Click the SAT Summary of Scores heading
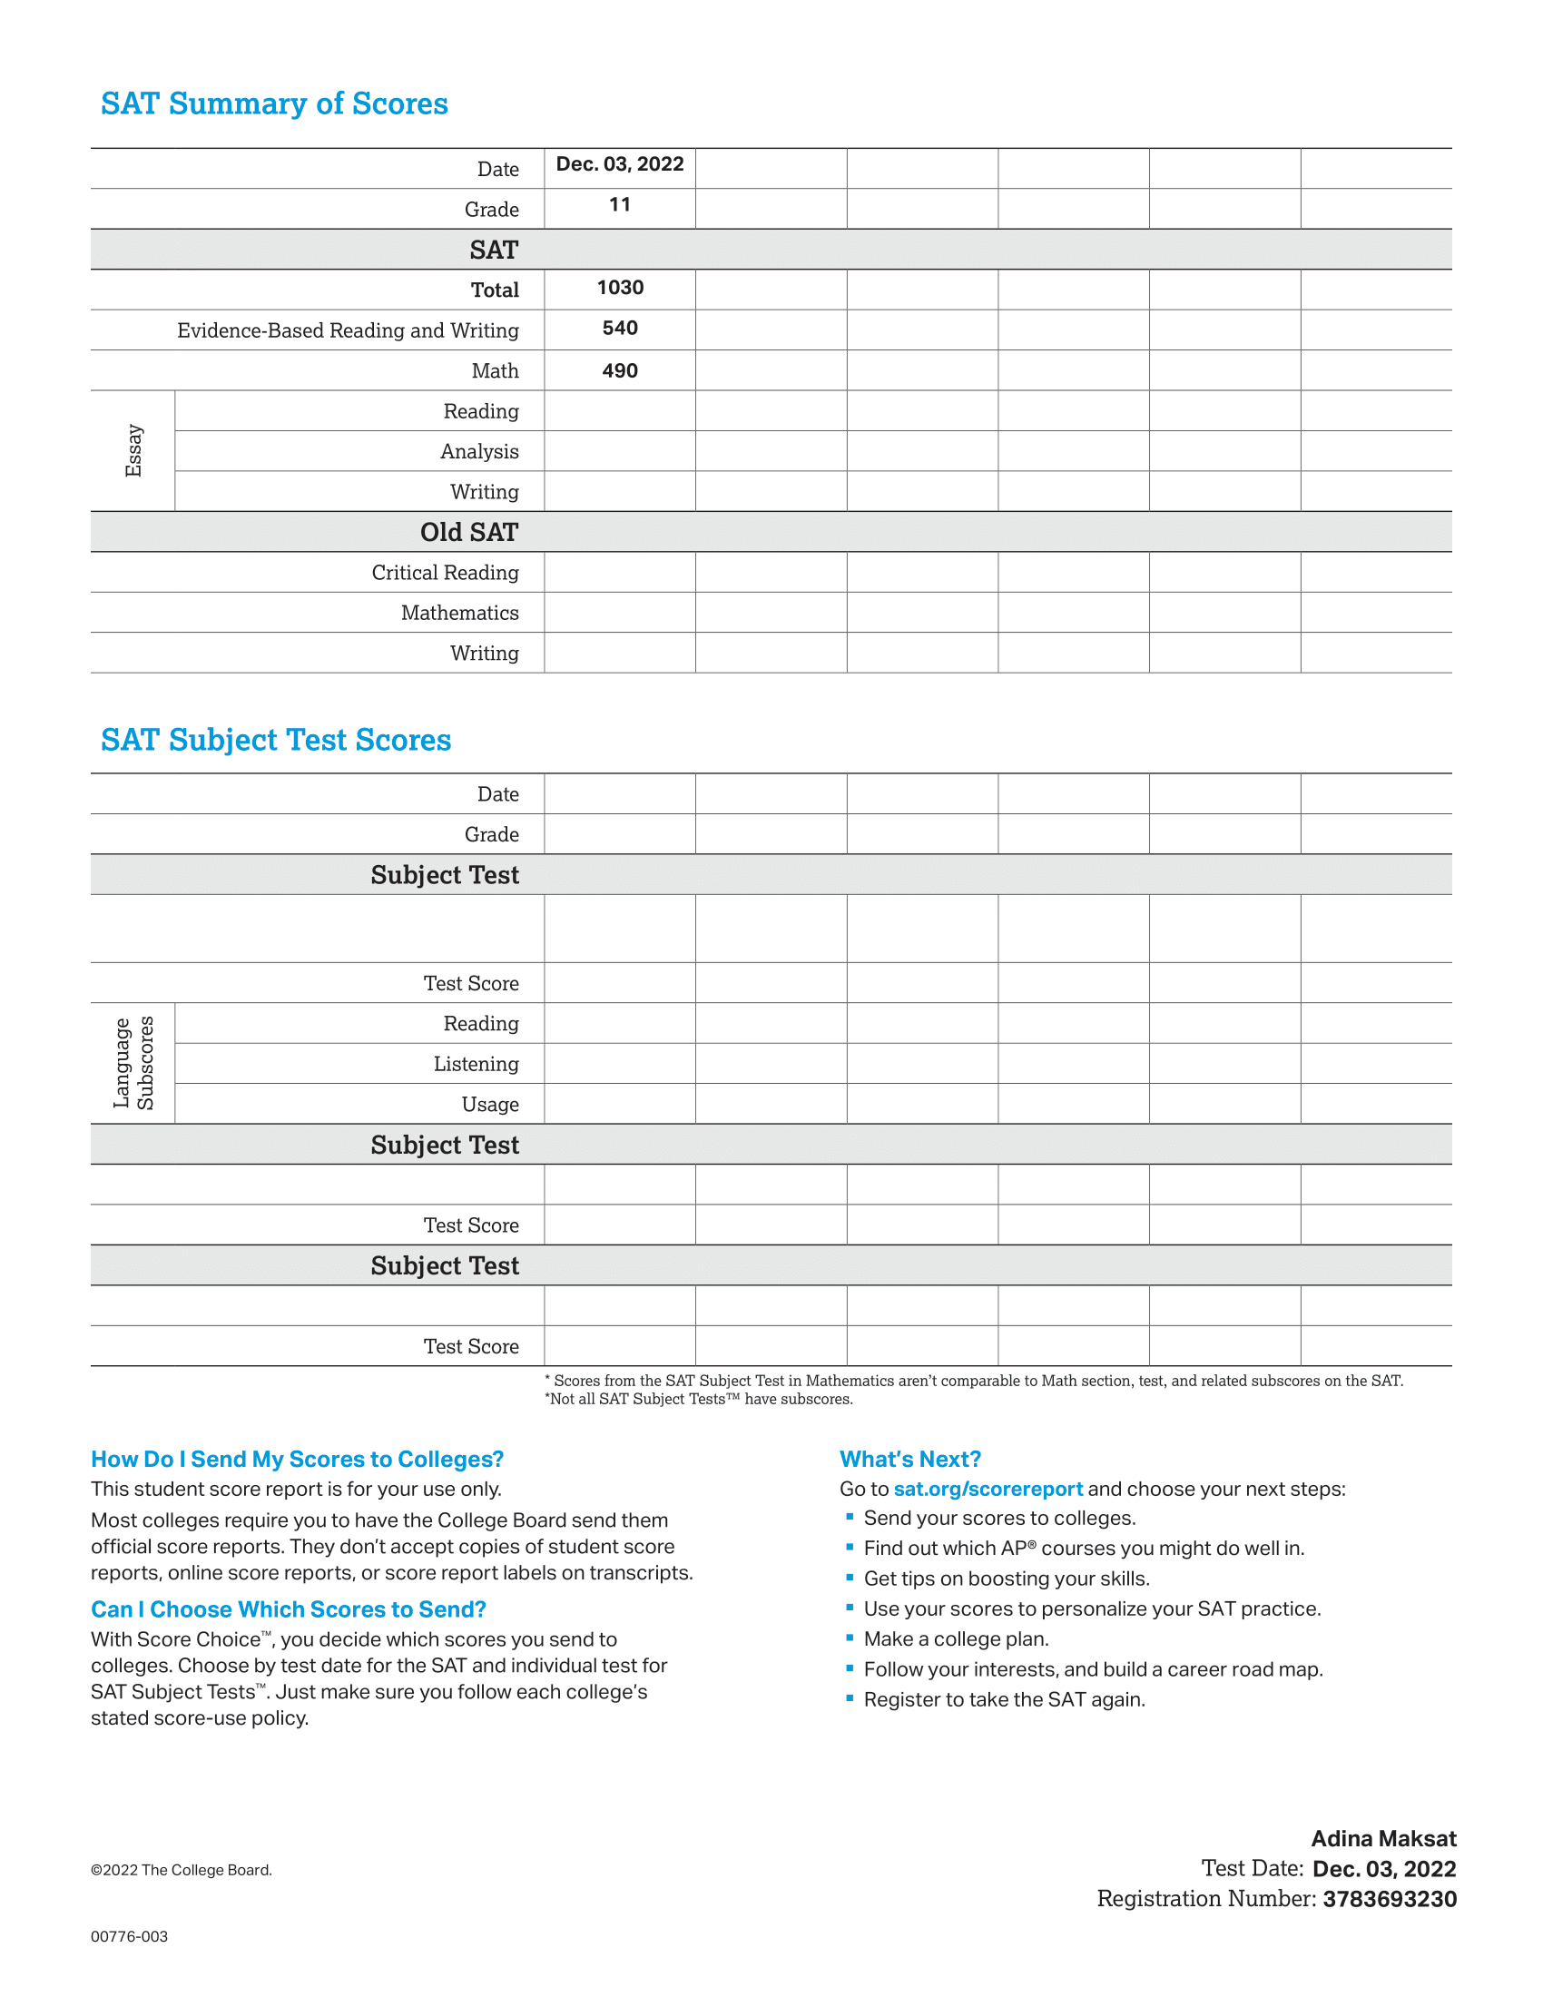click(274, 103)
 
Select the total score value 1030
click(620, 288)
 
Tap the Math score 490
click(620, 370)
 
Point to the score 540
click(620, 329)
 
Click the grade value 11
click(620, 205)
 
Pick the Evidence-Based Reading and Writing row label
click(348, 330)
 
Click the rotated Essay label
click(133, 450)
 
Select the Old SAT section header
click(469, 532)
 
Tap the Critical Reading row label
click(444, 573)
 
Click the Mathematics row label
click(460, 613)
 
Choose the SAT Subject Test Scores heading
click(276, 740)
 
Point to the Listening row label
click(476, 1064)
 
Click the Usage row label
click(490, 1105)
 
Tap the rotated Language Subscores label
click(133, 1063)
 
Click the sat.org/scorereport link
click(988, 1489)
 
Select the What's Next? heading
click(910, 1459)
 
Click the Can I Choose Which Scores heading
click(288, 1609)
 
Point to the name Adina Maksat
click(1384, 1839)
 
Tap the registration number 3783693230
click(1390, 1899)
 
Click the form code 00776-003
click(129, 1937)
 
